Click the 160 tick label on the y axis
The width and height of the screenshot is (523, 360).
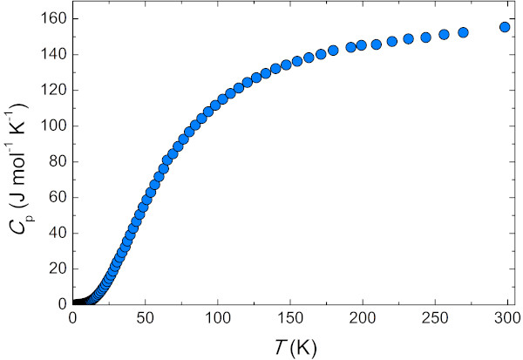click(x=53, y=18)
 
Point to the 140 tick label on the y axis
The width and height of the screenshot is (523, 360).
click(x=53, y=54)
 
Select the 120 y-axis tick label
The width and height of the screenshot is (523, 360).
click(x=53, y=90)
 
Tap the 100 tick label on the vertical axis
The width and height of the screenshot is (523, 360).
click(x=53, y=126)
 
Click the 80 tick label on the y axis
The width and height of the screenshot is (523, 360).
click(x=57, y=161)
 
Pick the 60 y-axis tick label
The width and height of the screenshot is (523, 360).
click(x=57, y=197)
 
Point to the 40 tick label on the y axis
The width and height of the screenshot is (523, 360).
click(x=57, y=233)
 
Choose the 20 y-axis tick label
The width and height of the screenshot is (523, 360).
click(x=57, y=268)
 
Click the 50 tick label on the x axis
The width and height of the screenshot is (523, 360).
click(x=146, y=318)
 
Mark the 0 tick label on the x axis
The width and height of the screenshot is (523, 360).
click(x=73, y=318)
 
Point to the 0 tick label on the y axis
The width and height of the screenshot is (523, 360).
click(x=60, y=304)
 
